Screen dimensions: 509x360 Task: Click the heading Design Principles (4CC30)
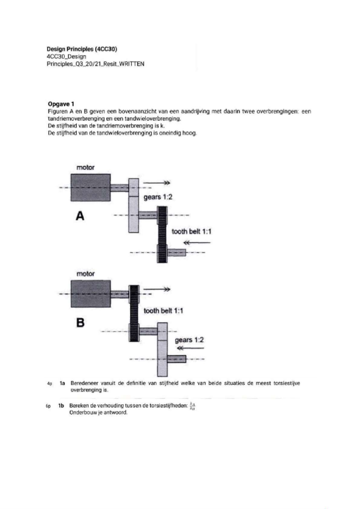[x=82, y=49]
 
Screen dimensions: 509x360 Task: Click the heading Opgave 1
[x=61, y=104]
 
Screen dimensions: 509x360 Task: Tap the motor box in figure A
[x=91, y=188]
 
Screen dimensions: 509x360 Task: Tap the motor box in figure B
[x=91, y=294]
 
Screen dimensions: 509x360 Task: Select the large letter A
[x=80, y=216]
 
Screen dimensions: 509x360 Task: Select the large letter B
[x=80, y=323]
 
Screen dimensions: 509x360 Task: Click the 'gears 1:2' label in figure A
[x=158, y=197]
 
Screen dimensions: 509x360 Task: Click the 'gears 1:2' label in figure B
[x=189, y=340]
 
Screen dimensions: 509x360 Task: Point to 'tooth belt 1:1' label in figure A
[x=191, y=231]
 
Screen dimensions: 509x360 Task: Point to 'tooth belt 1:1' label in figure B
[x=163, y=311]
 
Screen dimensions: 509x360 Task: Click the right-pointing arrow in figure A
[x=157, y=183]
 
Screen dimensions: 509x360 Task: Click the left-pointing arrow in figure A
[x=196, y=242]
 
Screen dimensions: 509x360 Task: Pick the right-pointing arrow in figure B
[x=157, y=289]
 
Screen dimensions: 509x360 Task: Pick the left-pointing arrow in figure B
[x=190, y=348]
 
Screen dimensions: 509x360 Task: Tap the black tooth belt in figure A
[x=162, y=235]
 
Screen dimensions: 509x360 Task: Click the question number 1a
[x=62, y=383]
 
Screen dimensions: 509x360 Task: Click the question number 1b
[x=61, y=405]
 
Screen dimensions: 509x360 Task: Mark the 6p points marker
[x=48, y=406]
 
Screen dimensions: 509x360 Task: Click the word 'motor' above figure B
[x=85, y=274]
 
